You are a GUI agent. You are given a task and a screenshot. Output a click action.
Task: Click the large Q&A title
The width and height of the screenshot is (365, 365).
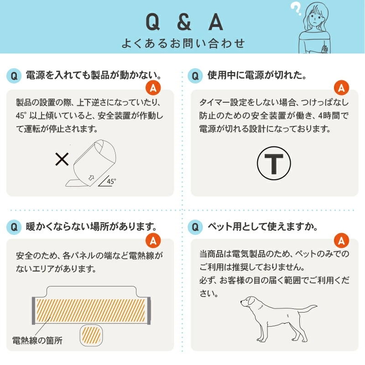click(184, 21)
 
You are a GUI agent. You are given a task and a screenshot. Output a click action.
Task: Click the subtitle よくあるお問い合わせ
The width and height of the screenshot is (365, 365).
click(183, 43)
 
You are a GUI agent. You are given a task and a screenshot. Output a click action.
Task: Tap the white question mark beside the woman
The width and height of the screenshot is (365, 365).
click(295, 8)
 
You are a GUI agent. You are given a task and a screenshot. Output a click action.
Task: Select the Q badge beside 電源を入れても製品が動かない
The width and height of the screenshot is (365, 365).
click(14, 76)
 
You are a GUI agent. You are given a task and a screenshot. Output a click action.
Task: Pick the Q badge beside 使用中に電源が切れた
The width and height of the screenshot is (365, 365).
click(195, 76)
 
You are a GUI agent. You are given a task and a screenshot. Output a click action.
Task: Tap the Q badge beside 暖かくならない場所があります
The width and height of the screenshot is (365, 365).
click(14, 227)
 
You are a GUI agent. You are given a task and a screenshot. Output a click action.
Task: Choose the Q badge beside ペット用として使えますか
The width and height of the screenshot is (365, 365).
click(195, 227)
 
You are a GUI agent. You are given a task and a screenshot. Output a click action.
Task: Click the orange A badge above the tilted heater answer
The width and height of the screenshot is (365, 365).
click(153, 88)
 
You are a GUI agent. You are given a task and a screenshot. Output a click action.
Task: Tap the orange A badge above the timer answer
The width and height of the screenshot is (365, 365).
click(341, 88)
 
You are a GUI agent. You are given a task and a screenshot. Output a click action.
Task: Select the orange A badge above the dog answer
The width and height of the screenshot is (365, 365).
click(341, 240)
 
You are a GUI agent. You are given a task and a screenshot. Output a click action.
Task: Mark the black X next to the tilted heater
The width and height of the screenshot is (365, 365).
click(62, 159)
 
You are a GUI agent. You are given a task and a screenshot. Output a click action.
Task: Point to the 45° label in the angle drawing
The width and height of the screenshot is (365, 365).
click(111, 181)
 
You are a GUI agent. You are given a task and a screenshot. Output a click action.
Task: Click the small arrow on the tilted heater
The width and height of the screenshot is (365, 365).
click(91, 178)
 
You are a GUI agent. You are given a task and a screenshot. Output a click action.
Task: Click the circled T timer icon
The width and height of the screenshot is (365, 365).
click(274, 163)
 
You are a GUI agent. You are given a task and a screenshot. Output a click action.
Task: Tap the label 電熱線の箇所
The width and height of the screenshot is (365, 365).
click(37, 340)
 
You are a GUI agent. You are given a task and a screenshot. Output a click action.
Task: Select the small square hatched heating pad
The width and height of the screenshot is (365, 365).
click(91, 335)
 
